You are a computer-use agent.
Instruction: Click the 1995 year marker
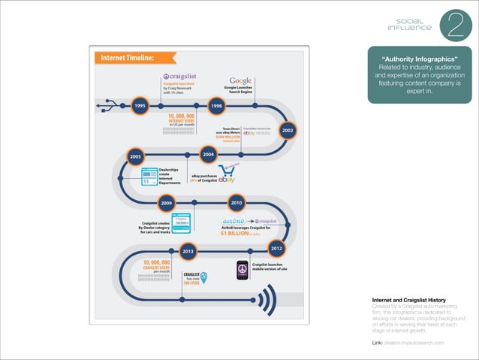point(140,106)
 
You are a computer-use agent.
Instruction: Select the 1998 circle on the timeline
point(216,106)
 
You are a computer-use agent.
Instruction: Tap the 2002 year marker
point(288,129)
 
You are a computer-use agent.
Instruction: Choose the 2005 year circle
point(136,156)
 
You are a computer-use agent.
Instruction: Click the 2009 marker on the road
point(166,202)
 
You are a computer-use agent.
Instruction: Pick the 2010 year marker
point(236,202)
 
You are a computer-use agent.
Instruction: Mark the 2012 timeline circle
point(276,247)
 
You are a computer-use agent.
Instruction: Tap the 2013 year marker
point(188,250)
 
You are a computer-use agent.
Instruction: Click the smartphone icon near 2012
point(242,269)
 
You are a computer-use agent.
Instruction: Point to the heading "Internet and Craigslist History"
point(410,300)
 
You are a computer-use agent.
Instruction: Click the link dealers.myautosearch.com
point(416,343)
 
